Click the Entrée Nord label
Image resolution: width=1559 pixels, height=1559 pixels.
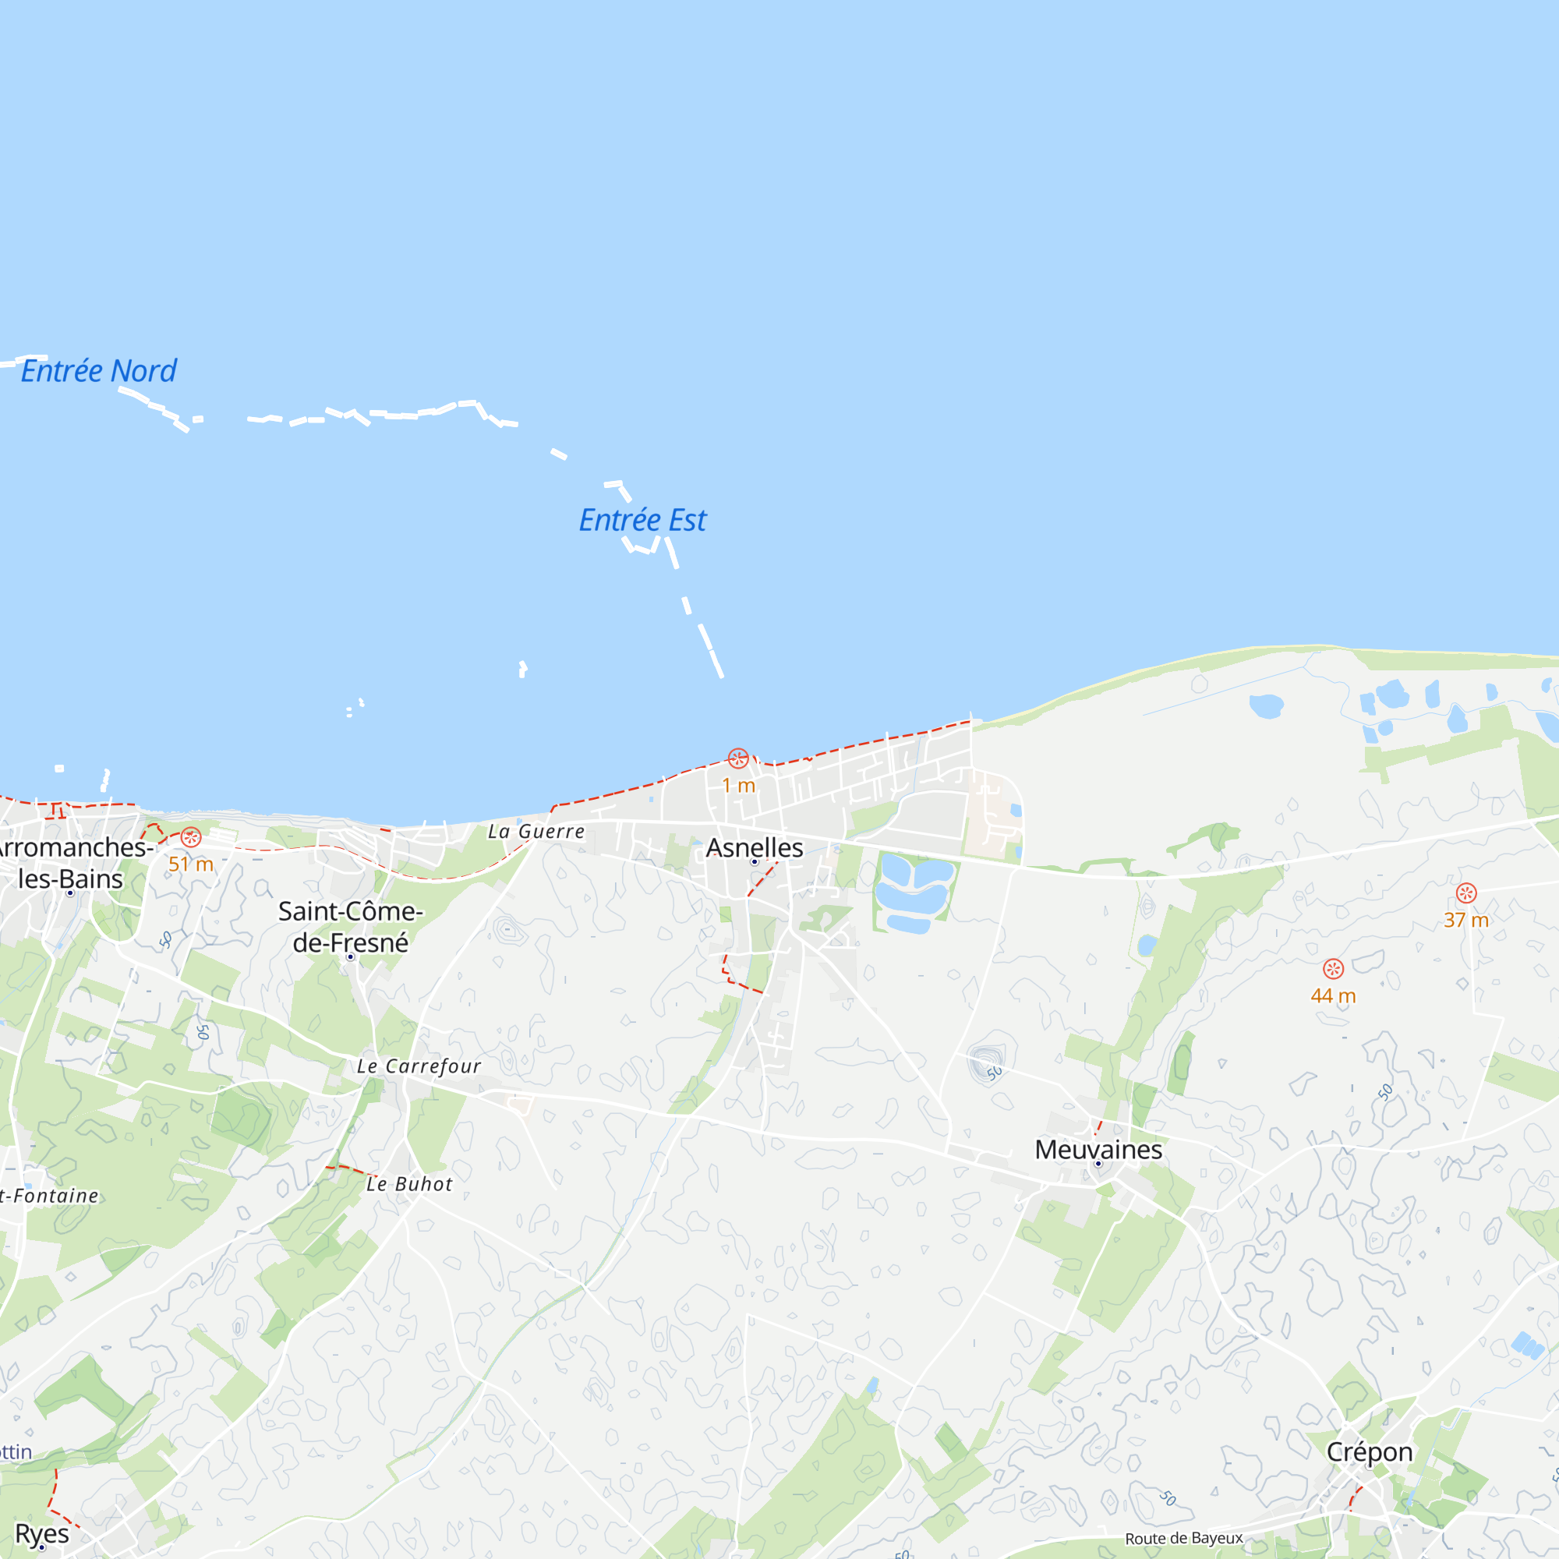pos(98,371)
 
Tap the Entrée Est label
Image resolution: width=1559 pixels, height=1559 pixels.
pos(642,521)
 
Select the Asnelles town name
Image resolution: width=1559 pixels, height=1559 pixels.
pos(755,847)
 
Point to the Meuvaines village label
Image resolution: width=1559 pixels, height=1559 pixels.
pos(1098,1149)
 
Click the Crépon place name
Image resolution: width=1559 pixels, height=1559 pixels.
pos(1370,1451)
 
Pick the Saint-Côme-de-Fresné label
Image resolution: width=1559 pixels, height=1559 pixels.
pos(350,926)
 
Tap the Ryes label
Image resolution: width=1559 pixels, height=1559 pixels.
pos(42,1533)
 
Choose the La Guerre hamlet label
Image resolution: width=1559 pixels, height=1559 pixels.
pos(536,831)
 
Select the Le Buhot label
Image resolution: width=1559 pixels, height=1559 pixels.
pos(409,1184)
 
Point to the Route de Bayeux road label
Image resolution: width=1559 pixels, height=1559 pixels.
pos(1184,1538)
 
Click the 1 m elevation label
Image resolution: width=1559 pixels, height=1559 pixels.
pos(738,785)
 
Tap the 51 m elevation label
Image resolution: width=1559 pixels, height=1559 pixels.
pos(190,864)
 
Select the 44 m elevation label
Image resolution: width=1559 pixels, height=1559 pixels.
pos(1333,995)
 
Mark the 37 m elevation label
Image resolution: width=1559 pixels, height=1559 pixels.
pos(1466,920)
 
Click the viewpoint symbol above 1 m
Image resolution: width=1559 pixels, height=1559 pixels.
pos(737,758)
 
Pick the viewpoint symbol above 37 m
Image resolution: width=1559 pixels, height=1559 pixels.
pos(1466,893)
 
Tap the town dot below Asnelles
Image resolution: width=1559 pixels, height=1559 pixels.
pos(755,862)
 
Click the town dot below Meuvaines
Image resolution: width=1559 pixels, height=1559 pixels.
pos(1098,1164)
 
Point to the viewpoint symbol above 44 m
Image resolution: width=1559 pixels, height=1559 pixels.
pos(1333,968)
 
